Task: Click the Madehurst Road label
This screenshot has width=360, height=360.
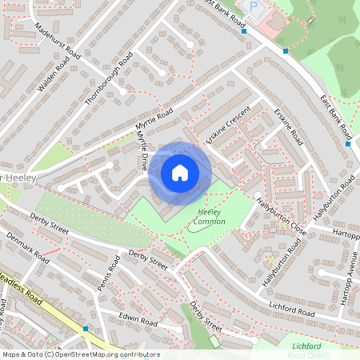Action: click(x=58, y=41)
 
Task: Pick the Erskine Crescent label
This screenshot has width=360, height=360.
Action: click(x=228, y=125)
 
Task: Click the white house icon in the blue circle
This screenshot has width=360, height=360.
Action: click(x=180, y=173)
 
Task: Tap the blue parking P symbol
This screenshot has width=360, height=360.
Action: click(x=255, y=6)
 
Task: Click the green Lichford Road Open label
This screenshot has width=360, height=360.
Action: click(x=307, y=350)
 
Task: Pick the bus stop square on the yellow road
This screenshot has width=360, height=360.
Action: click(x=86, y=328)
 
